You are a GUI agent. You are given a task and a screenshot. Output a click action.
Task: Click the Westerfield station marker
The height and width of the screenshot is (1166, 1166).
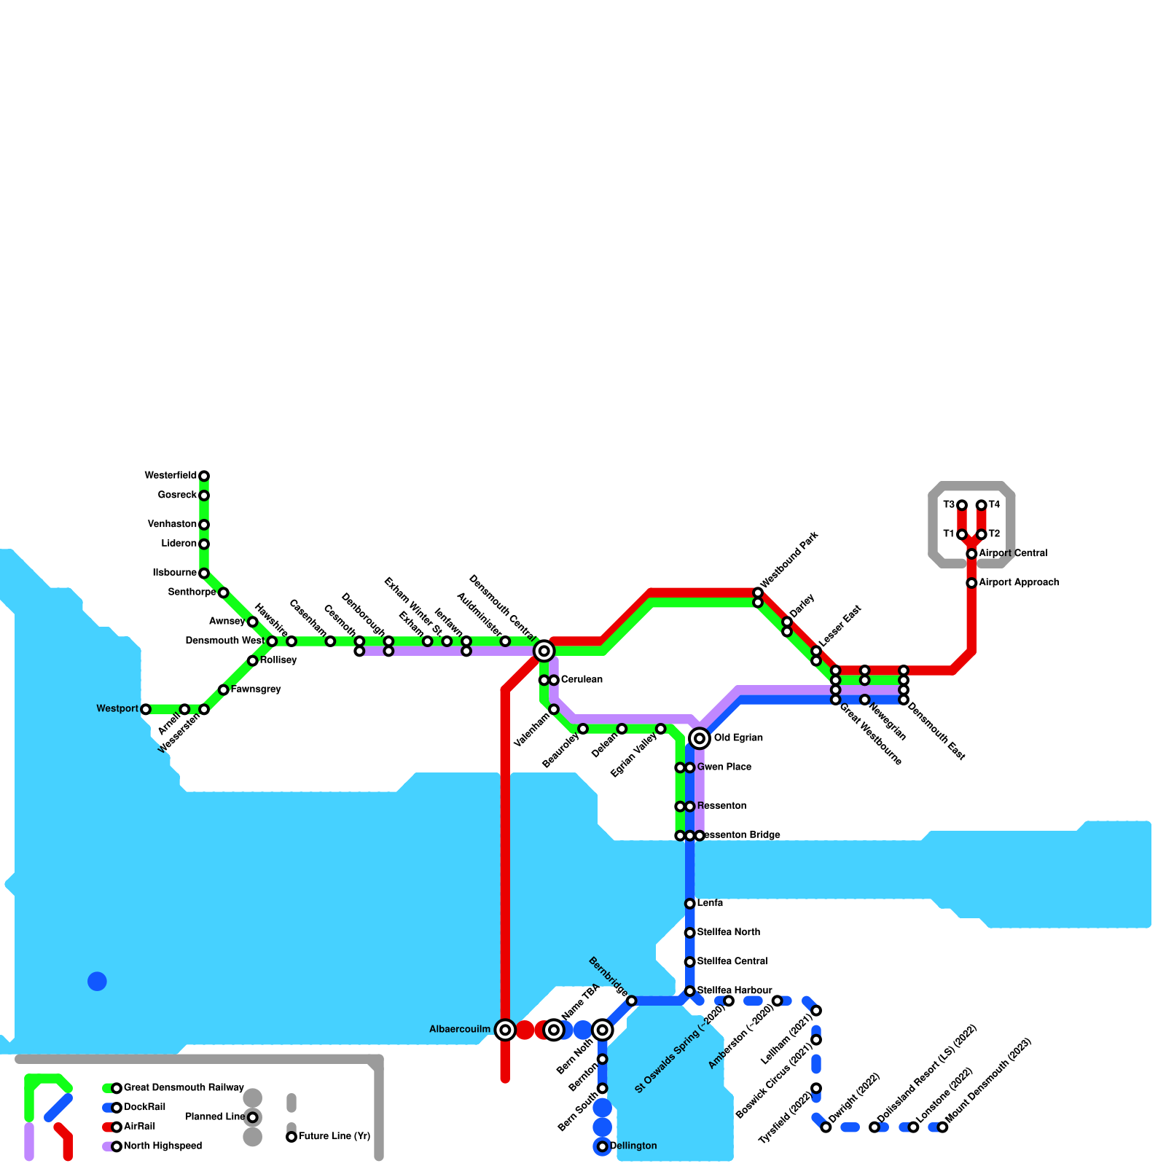click(x=204, y=476)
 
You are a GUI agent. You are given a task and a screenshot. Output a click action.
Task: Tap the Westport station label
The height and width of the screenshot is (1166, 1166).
click(x=117, y=709)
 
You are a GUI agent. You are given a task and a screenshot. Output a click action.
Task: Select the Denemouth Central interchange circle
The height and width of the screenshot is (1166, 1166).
click(x=544, y=651)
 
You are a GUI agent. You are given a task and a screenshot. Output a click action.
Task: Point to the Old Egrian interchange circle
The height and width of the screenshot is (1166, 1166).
click(x=700, y=738)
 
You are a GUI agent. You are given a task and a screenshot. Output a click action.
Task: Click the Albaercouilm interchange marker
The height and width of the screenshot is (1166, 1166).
click(x=505, y=1030)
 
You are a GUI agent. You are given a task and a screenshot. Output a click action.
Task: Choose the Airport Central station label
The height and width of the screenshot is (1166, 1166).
click(x=1013, y=554)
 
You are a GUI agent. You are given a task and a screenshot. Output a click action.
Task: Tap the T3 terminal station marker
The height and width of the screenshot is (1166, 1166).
click(x=962, y=505)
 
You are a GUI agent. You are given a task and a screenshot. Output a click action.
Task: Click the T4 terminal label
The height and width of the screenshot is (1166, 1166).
click(x=994, y=505)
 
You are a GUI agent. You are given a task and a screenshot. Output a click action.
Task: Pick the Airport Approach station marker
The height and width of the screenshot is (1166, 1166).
click(x=971, y=583)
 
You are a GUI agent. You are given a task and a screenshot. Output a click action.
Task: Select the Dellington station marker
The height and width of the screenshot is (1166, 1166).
click(x=602, y=1147)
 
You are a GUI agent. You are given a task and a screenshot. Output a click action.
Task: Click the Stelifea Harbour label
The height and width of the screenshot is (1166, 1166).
click(x=734, y=990)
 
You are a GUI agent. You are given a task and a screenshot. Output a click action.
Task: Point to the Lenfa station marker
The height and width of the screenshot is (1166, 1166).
click(x=689, y=904)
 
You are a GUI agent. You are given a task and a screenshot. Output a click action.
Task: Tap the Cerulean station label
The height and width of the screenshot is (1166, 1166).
click(x=582, y=680)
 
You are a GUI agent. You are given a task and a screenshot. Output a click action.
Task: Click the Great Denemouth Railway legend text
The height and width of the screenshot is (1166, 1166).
click(x=184, y=1088)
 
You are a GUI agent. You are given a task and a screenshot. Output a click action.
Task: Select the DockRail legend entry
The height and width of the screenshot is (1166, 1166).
click(x=144, y=1107)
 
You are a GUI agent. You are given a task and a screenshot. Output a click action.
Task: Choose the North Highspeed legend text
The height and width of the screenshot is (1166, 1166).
click(x=163, y=1146)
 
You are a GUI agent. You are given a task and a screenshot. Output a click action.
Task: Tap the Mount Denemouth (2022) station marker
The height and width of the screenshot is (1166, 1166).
click(x=942, y=1127)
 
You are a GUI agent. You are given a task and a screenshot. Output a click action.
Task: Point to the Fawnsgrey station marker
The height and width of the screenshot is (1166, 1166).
click(x=223, y=689)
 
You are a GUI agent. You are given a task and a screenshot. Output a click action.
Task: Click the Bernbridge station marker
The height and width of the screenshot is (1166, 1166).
click(x=631, y=1001)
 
